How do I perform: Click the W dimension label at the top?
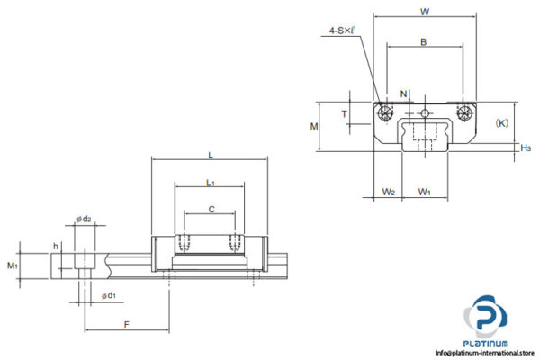[424, 12]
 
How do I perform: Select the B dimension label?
[424, 42]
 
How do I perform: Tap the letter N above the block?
[404, 93]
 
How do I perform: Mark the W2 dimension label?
[388, 191]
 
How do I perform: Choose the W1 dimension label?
[425, 191]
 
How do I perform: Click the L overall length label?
[211, 155]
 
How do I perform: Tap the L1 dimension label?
[210, 183]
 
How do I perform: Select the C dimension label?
[211, 209]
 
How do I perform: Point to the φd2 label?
[85, 219]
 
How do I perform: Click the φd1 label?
[108, 295]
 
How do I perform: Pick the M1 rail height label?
[12, 265]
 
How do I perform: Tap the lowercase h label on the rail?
[56, 246]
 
